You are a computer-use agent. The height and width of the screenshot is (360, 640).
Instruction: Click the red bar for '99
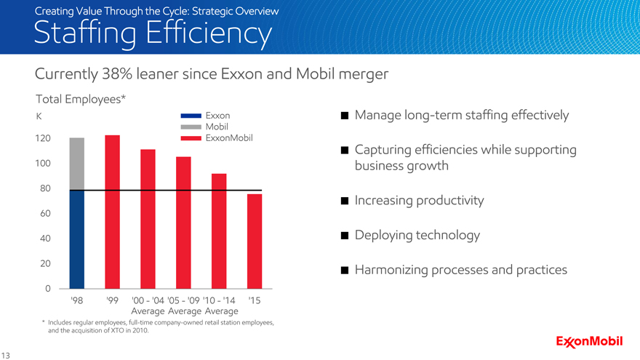112,212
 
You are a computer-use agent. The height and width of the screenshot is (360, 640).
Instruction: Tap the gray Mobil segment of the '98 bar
76,164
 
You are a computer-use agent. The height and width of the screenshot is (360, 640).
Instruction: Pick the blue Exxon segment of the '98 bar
76,239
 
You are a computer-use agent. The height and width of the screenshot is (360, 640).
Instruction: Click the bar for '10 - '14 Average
219,231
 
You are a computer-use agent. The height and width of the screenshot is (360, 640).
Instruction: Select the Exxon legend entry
217,116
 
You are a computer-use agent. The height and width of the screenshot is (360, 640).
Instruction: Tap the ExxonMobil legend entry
229,137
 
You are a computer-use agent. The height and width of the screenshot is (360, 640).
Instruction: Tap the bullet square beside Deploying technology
344,236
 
